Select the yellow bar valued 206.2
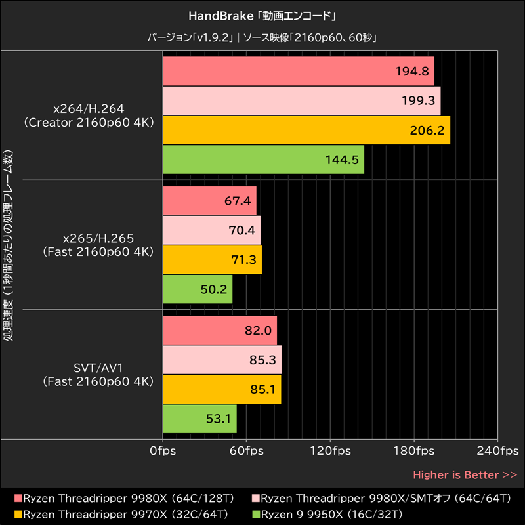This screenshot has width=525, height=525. coord(306,130)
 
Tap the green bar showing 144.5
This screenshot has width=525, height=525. coord(262,159)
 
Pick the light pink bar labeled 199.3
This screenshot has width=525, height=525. coord(301,101)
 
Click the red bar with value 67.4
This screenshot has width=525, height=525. coord(209,201)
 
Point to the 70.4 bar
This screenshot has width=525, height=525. coord(211,230)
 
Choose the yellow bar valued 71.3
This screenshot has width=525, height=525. coord(211,259)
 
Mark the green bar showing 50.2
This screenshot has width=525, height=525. coord(197,289)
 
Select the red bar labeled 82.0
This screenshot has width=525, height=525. coord(219,331)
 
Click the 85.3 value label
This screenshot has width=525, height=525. coord(263,360)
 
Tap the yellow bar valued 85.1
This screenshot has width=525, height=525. coord(221,389)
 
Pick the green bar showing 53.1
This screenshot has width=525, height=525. coord(199,419)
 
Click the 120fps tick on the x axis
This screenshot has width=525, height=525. coord(329,451)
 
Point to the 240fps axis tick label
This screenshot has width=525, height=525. coord(497,451)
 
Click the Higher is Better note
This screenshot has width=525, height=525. coord(465,474)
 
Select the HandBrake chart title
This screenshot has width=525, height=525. coord(262,14)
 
